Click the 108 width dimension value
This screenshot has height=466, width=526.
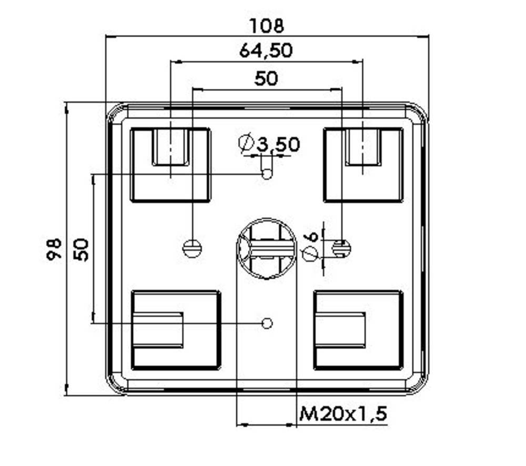[267, 25]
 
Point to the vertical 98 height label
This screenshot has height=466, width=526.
[54, 249]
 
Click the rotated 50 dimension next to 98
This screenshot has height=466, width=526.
[80, 249]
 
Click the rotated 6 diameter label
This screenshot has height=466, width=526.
[311, 237]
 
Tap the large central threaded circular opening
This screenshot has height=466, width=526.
[265, 249]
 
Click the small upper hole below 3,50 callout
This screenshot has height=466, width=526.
[267, 174]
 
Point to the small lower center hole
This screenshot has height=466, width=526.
[267, 323]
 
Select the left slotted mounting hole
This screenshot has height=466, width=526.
[192, 248]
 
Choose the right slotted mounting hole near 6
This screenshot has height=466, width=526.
[342, 248]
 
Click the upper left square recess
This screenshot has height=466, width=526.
[170, 165]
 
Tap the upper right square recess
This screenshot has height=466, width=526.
[363, 165]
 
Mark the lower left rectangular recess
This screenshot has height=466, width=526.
[175, 330]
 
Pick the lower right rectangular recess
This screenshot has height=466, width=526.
[358, 330]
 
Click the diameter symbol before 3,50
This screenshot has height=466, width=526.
[246, 143]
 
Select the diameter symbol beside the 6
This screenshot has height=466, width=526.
[311, 254]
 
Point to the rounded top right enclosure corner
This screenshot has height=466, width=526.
[418, 113]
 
